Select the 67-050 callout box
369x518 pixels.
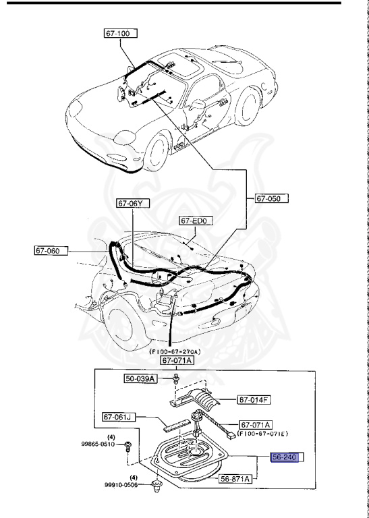tap(271, 198)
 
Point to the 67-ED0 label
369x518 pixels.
tap(196, 221)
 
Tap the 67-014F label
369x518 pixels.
tap(254, 400)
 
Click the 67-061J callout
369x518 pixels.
tap(119, 417)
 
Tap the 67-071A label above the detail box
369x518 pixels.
tap(176, 360)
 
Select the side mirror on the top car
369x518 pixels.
tap(199, 103)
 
